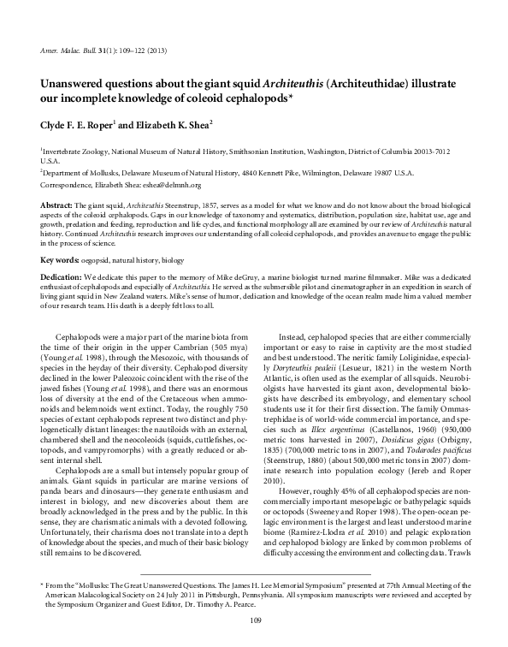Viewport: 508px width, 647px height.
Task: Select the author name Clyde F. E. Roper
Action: coord(79,124)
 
